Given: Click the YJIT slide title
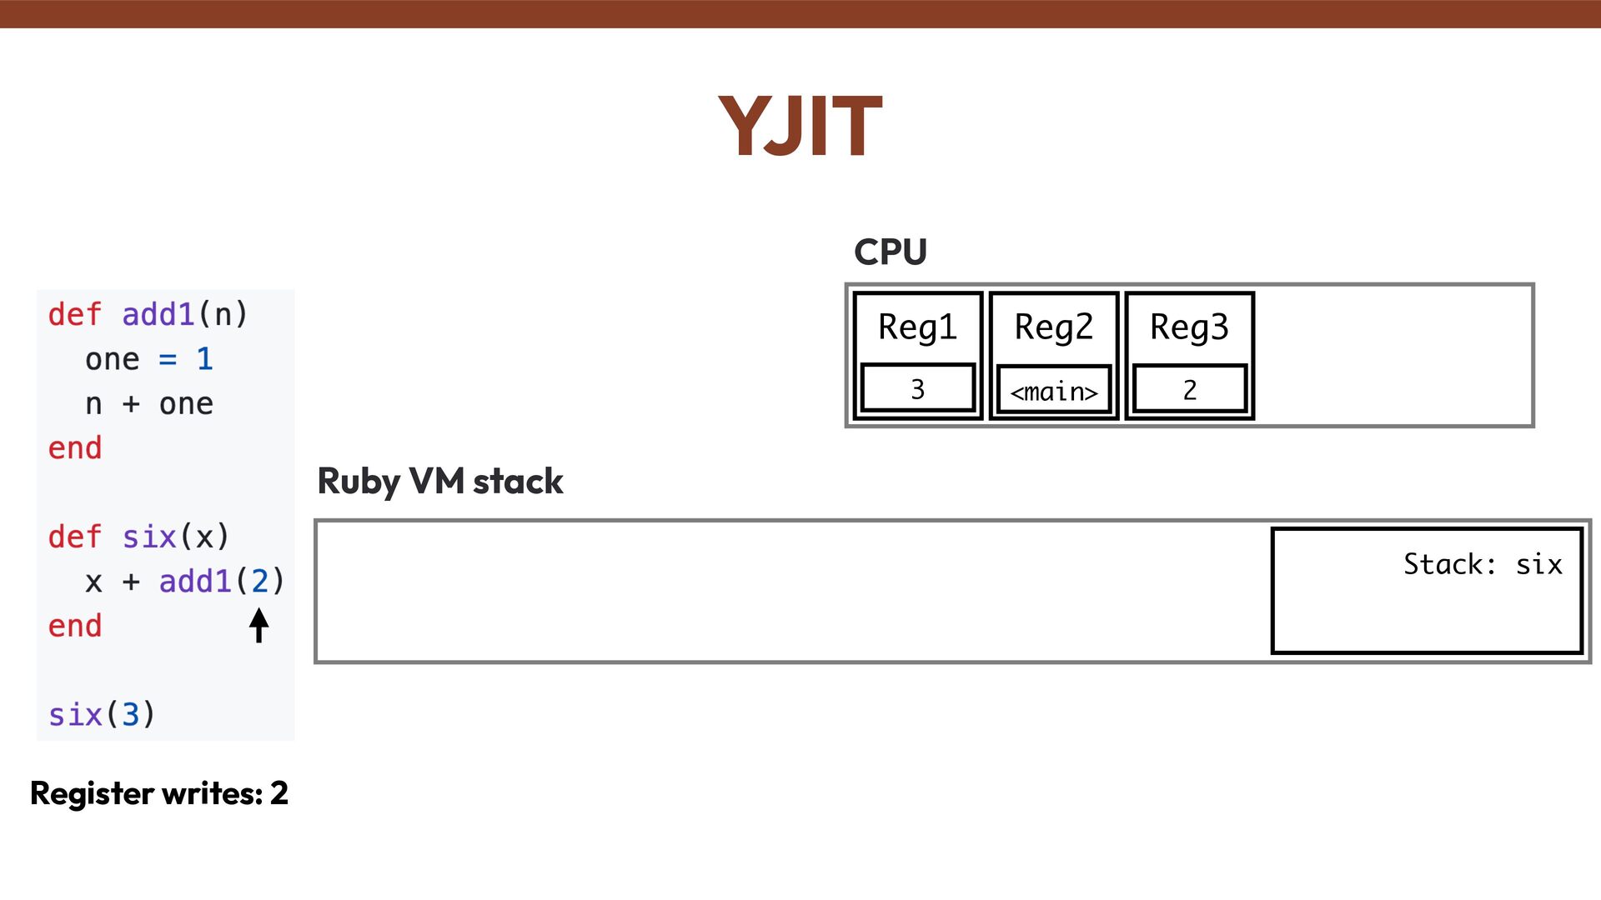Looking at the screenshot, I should point(800,127).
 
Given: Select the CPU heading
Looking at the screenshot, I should point(890,252).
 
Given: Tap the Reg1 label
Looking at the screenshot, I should point(917,327).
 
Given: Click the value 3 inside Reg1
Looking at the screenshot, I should point(917,389).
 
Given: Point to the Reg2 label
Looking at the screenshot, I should point(1053,327).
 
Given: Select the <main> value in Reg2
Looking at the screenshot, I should point(1053,391).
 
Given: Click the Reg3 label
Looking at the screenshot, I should point(1189,327).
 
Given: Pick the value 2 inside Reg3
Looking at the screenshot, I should point(1189,389).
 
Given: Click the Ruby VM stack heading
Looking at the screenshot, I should point(440,482).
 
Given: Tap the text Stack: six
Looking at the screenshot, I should point(1482,564).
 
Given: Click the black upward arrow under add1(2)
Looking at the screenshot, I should point(258,625).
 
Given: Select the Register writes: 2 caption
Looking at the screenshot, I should point(158,793).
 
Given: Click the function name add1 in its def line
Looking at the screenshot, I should point(158,315).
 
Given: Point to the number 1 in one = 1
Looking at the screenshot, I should point(204,359).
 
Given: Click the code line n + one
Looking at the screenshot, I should point(149,404).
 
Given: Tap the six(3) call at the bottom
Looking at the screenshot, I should point(102,715).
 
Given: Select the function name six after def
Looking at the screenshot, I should point(149,537).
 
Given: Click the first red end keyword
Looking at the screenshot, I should point(75,448).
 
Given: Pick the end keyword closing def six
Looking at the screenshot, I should point(75,626).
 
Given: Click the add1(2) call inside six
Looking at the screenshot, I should point(221,582).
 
